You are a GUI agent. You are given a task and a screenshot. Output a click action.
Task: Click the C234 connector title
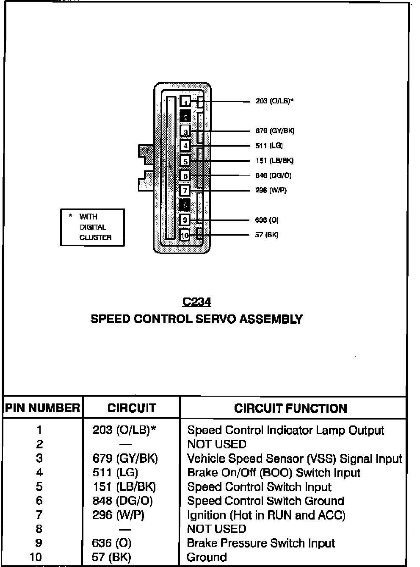[196, 302]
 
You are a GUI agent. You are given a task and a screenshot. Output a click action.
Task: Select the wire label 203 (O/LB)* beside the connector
[274, 101]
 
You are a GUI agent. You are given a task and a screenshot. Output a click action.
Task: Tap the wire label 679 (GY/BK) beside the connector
[275, 131]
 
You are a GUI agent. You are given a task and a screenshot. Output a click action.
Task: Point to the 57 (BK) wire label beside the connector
[267, 235]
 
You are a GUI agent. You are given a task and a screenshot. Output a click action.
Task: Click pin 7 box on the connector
[185, 190]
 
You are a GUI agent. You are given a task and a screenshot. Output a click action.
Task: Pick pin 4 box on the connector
[185, 146]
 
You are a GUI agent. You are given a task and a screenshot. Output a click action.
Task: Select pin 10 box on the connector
[185, 235]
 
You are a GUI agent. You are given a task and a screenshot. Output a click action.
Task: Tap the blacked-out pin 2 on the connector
[185, 116]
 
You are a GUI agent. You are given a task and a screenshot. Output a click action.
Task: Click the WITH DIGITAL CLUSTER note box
[92, 227]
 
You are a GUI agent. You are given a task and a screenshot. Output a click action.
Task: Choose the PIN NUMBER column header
[42, 408]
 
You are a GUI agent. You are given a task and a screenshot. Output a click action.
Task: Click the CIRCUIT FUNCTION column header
[290, 408]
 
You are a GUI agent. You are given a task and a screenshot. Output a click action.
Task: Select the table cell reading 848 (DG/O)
[122, 501]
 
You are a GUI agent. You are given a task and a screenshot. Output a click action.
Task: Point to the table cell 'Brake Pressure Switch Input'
[261, 543]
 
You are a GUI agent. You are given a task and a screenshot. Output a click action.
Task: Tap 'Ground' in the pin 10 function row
[207, 557]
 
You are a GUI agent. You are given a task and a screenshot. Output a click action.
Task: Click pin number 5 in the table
[39, 486]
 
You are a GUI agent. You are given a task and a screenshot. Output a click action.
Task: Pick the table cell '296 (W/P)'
[118, 515]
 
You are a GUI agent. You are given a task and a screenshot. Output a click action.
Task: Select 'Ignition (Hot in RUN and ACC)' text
[266, 515]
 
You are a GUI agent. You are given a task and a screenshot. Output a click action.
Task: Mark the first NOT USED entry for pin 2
[216, 444]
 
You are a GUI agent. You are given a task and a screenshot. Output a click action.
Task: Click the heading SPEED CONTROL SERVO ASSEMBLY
[196, 319]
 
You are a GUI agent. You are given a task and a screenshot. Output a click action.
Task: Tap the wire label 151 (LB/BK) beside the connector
[274, 161]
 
